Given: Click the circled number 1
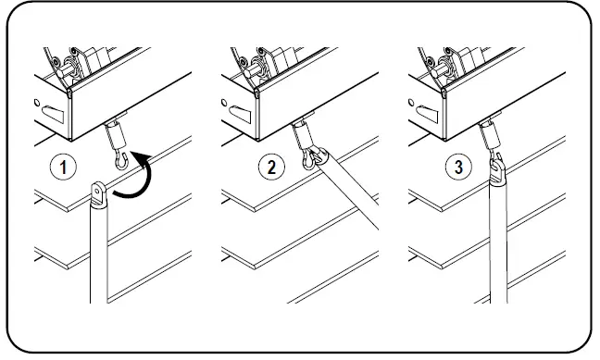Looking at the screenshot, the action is (x=63, y=168).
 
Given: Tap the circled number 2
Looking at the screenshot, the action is (x=271, y=168).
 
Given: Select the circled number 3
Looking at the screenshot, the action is (x=458, y=168).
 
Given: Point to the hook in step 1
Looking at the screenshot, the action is (x=121, y=159).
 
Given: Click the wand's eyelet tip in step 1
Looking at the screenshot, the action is (x=99, y=193).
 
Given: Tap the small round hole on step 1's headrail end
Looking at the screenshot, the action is (x=37, y=103).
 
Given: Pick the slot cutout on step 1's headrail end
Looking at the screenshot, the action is (x=53, y=114).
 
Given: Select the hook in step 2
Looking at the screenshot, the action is (x=308, y=159).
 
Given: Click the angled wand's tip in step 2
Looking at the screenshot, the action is (x=319, y=157).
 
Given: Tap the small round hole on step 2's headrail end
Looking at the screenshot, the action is (x=224, y=103).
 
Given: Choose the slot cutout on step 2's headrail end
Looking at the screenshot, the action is (x=240, y=114).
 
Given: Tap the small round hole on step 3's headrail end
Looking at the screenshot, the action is (x=411, y=103).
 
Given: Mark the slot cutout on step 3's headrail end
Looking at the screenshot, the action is (x=427, y=114).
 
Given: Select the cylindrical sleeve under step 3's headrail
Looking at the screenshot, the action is (x=490, y=135).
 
